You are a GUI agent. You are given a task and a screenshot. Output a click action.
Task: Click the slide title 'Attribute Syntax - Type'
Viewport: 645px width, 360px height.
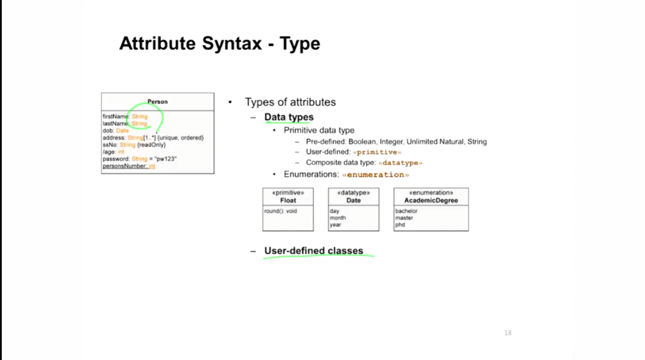(220, 44)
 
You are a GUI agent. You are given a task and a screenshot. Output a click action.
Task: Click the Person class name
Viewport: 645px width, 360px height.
(157, 101)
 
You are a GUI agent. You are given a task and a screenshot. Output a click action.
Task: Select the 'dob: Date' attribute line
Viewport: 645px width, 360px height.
(115, 131)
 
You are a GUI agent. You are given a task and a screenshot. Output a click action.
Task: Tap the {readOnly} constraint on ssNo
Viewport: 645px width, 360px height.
(151, 145)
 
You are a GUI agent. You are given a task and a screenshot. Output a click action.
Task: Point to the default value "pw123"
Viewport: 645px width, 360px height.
(165, 159)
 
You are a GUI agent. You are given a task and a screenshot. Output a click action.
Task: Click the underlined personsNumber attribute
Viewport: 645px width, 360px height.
(129, 166)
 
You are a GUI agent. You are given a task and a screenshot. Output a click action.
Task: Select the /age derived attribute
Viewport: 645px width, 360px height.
(113, 152)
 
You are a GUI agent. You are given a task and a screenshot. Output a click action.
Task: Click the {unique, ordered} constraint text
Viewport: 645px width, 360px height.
(181, 138)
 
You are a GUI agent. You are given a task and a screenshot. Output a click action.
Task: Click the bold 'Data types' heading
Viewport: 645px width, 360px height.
(289, 117)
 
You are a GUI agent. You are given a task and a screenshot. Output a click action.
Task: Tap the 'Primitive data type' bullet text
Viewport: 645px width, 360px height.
(319, 130)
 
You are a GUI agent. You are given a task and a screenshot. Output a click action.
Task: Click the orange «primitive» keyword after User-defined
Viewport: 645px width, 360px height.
(377, 152)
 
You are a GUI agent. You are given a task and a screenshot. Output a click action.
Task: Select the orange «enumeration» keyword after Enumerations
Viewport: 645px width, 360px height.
(376, 175)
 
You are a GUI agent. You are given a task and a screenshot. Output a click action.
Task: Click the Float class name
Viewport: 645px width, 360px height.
(288, 200)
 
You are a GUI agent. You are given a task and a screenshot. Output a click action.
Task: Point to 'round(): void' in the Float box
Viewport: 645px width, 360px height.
(280, 211)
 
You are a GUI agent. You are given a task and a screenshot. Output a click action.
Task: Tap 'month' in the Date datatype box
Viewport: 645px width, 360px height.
(338, 218)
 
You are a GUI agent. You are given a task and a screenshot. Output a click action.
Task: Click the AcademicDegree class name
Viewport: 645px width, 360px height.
(431, 200)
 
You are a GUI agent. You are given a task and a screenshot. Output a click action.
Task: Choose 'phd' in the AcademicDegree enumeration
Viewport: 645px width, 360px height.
(400, 225)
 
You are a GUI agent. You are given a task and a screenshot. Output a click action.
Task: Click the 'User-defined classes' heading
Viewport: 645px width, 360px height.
(313, 250)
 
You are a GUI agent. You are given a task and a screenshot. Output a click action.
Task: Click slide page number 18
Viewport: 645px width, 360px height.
(508, 333)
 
